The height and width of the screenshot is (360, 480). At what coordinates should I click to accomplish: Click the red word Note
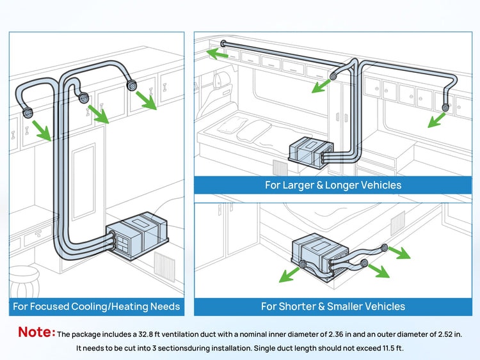click(x=36, y=332)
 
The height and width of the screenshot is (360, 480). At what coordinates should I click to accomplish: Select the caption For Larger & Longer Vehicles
click(x=333, y=185)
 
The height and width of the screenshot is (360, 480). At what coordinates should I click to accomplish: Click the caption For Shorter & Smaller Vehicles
click(x=333, y=306)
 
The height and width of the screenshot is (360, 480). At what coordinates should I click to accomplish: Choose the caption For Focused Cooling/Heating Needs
click(x=96, y=307)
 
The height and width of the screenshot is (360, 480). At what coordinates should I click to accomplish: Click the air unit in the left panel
click(x=137, y=237)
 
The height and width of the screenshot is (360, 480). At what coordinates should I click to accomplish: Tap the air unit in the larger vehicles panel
click(x=310, y=153)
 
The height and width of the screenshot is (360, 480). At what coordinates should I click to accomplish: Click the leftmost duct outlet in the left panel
click(x=28, y=113)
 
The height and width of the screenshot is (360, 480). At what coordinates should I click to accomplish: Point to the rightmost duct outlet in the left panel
click(x=132, y=85)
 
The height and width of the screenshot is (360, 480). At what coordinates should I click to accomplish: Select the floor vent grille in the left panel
click(x=163, y=263)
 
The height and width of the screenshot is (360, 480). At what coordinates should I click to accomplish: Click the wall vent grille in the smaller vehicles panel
click(x=397, y=221)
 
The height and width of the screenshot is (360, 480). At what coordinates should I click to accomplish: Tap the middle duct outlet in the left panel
click(x=83, y=98)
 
